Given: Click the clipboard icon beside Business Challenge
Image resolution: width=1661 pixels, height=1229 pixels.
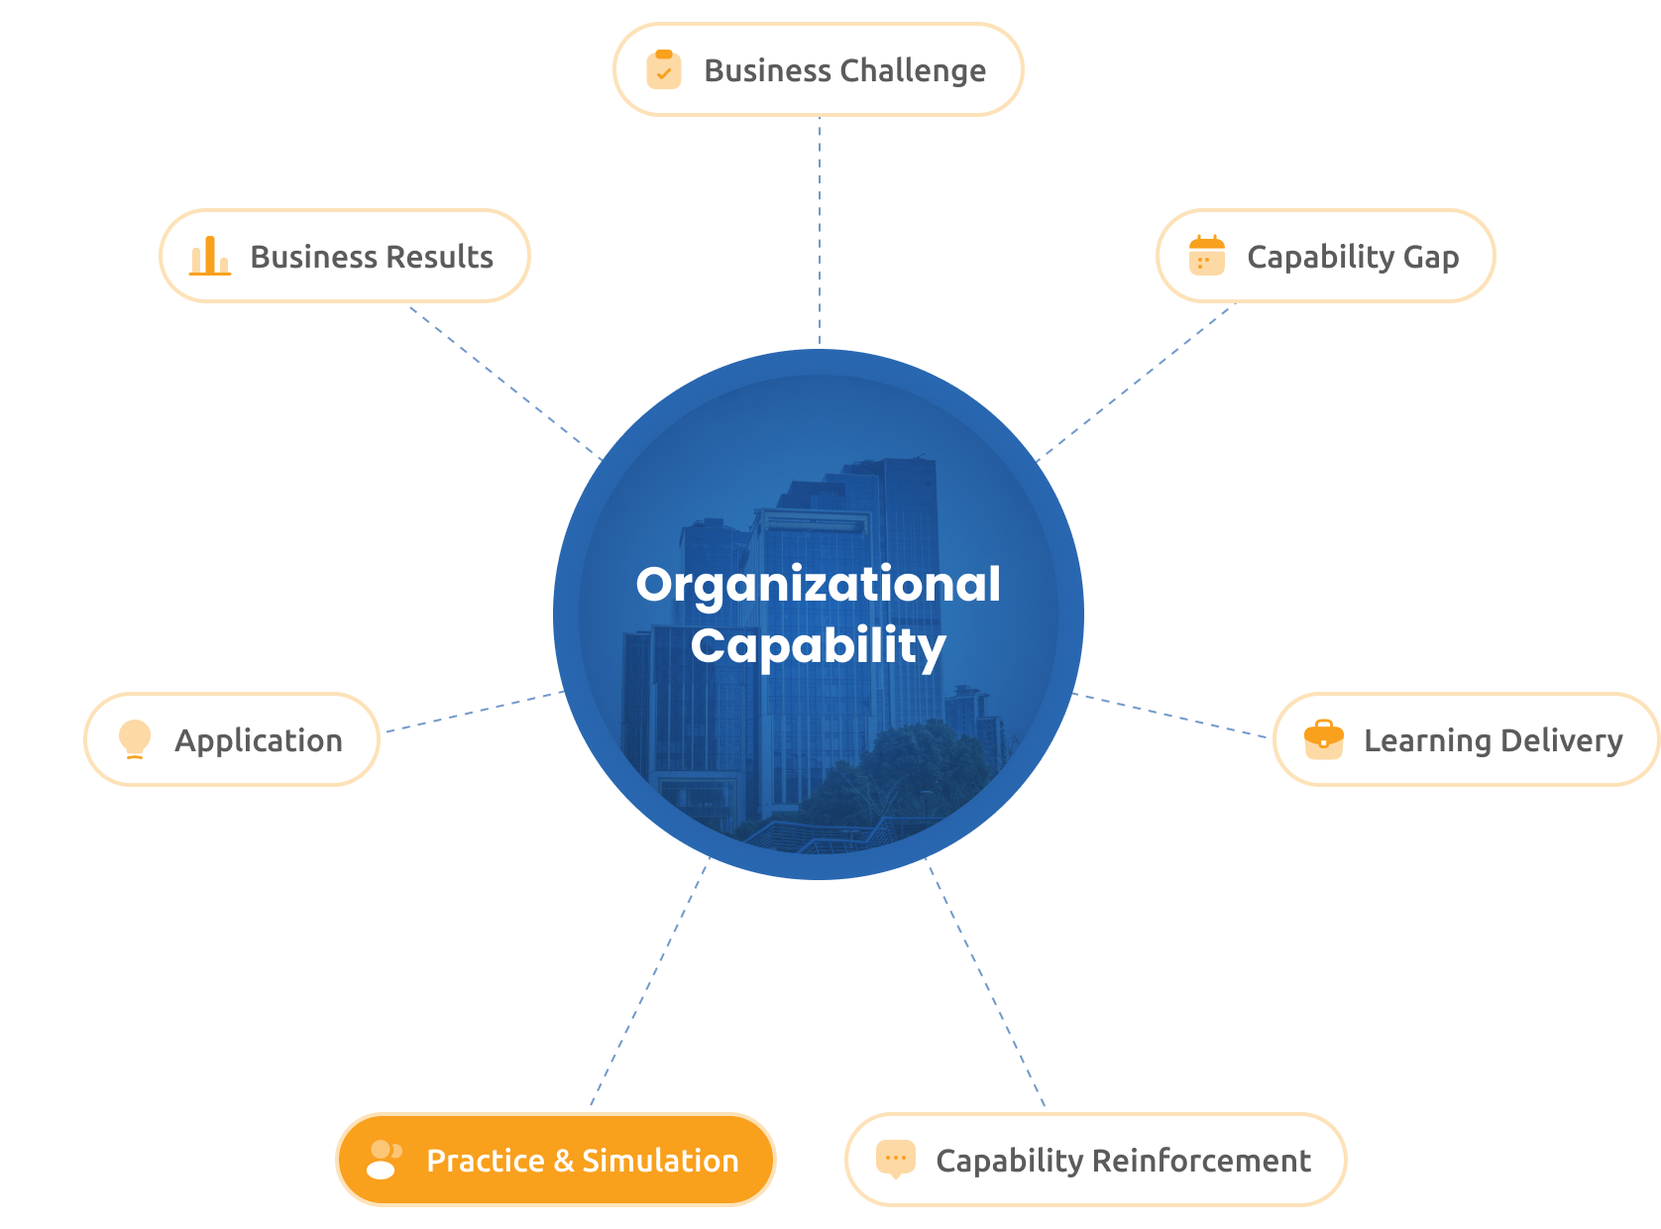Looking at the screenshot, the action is (x=663, y=69).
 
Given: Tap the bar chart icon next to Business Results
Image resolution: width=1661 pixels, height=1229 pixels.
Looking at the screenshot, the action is (x=209, y=256).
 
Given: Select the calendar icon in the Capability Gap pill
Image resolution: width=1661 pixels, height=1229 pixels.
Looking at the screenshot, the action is (x=1206, y=256).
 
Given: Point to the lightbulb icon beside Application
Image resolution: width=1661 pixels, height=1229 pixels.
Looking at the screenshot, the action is (x=135, y=738).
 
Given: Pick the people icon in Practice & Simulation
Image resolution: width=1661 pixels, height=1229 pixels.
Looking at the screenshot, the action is (x=384, y=1159).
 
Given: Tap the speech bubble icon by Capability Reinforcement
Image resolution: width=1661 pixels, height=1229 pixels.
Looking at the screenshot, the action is (x=895, y=1159).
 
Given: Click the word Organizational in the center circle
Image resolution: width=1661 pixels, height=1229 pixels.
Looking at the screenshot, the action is (x=818, y=586).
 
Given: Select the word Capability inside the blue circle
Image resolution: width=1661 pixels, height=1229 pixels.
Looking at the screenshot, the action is (x=818, y=646).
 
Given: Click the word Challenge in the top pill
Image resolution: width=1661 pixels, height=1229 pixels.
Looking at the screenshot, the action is (x=912, y=70).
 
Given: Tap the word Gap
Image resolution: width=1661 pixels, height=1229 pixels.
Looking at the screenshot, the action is (x=1430, y=258).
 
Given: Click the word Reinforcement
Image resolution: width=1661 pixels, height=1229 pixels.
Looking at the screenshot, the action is (x=1200, y=1160).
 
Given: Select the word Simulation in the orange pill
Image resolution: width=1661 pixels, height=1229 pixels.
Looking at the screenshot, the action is (x=660, y=1160).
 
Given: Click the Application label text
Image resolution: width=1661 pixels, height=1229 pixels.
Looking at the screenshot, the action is (x=259, y=740).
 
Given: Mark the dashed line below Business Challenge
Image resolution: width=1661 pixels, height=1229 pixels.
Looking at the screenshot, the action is (x=819, y=230).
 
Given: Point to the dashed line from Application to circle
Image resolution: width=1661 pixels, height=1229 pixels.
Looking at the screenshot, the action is (x=475, y=711).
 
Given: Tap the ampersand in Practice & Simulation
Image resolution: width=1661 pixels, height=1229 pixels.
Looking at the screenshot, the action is (x=563, y=1160).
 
